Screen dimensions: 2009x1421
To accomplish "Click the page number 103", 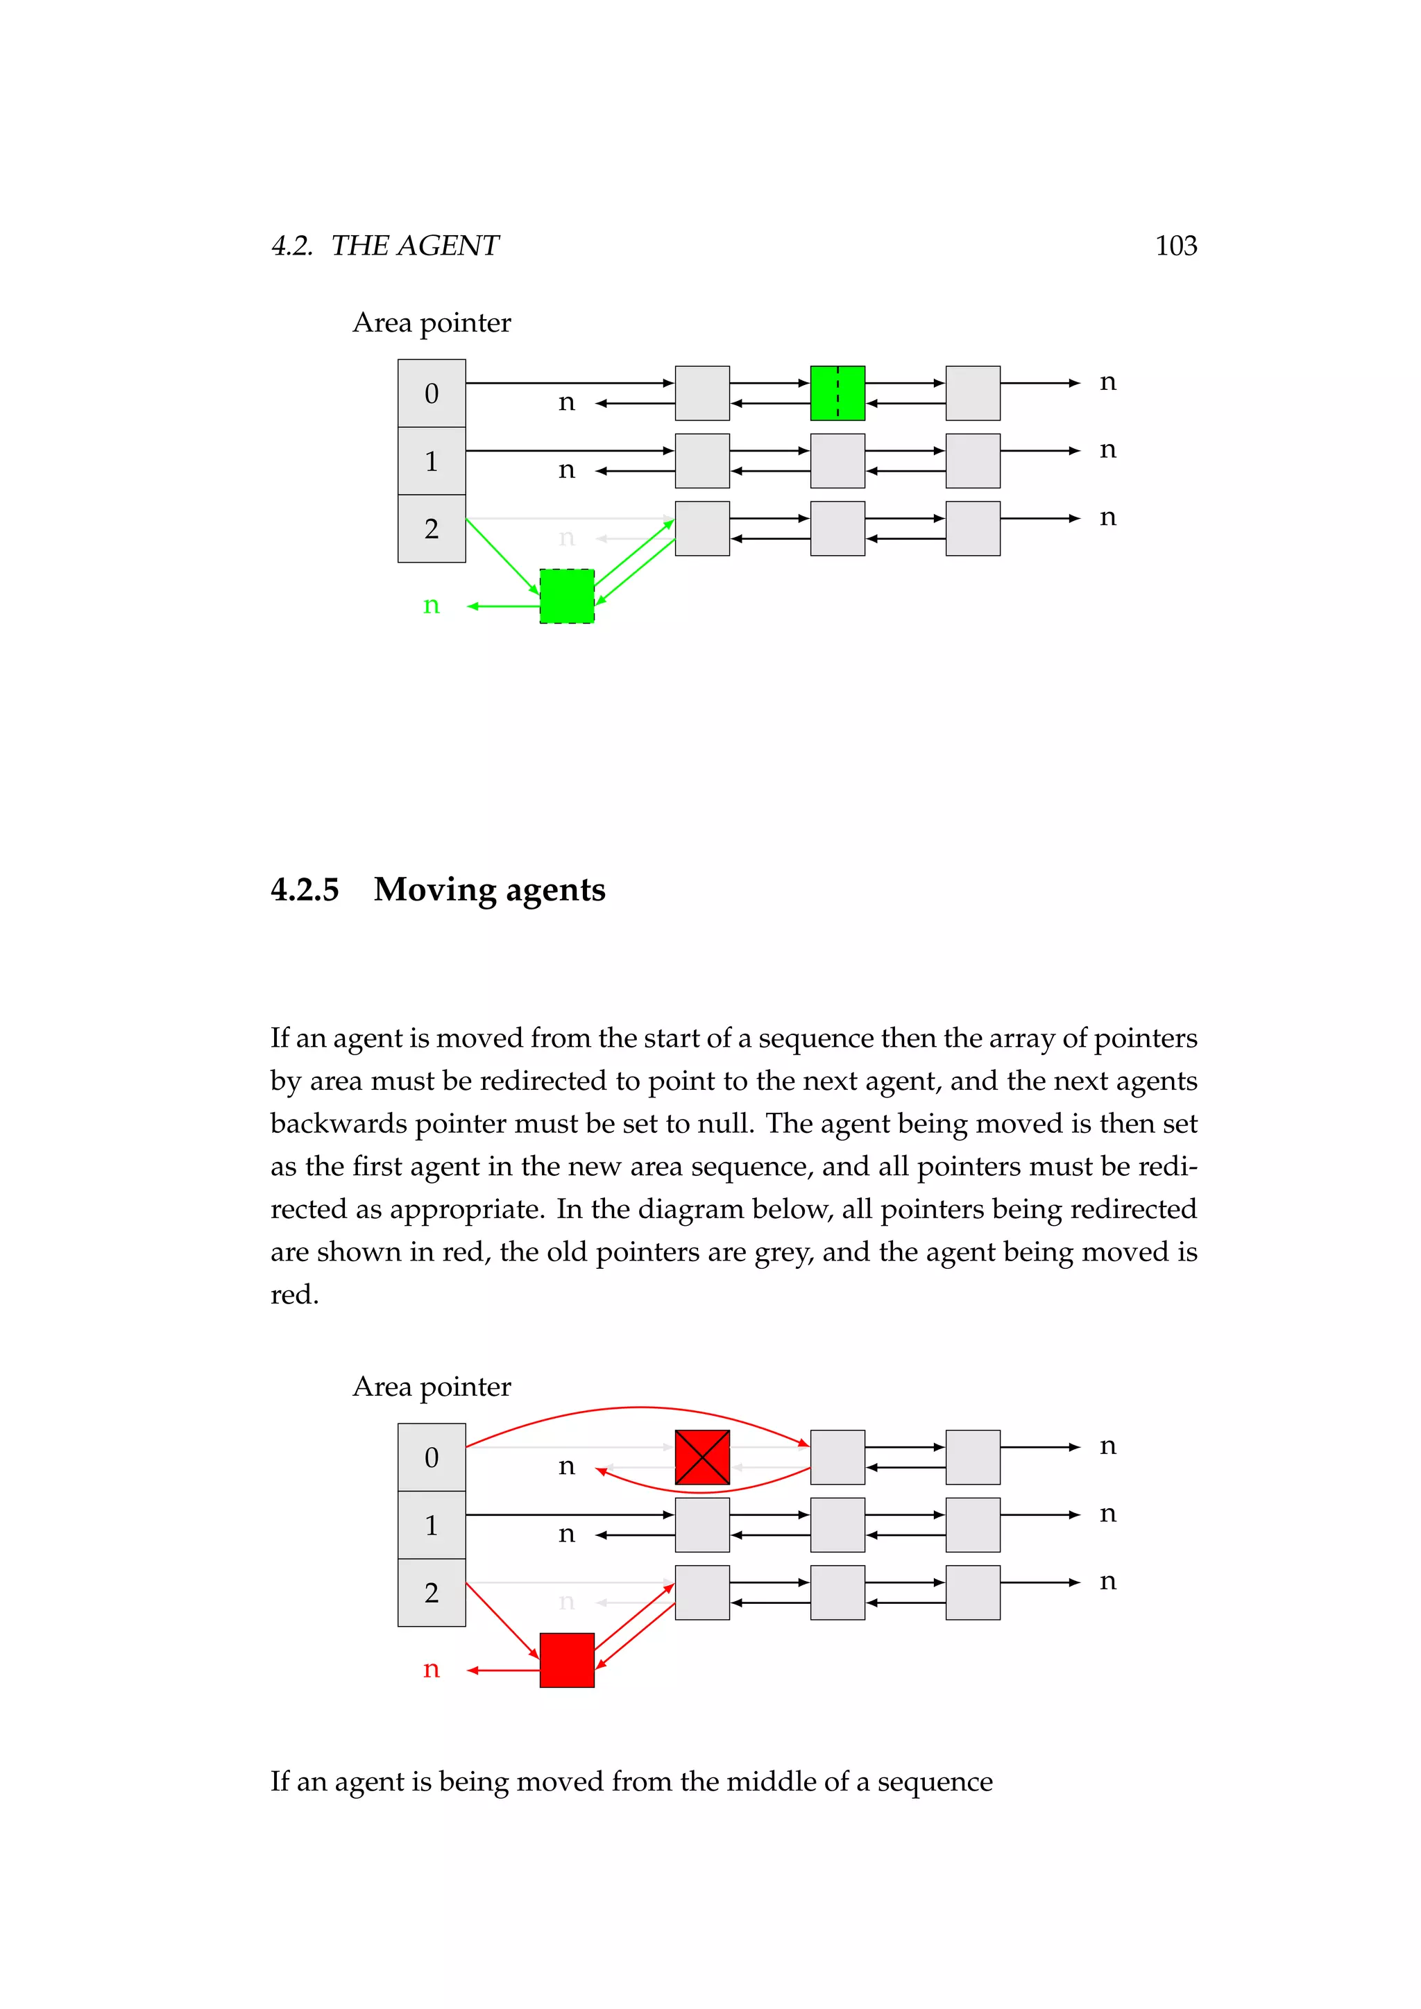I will coord(1175,246).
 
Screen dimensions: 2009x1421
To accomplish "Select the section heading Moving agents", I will coord(489,889).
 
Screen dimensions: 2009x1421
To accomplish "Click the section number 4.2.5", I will coord(305,889).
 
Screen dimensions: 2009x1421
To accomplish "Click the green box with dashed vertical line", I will coord(837,393).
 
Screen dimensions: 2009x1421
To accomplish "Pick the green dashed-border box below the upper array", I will coord(567,596).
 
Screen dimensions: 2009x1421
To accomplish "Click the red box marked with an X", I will coord(701,1457).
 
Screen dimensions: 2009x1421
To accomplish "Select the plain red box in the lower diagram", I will coord(567,1660).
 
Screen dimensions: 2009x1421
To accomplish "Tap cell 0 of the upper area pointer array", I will coord(432,393).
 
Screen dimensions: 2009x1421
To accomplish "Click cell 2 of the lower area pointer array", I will coord(432,1593).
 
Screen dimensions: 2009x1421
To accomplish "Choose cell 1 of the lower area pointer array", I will coord(432,1525).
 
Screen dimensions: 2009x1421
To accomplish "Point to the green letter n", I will coord(430,606).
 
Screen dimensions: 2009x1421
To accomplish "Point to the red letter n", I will coord(430,1670).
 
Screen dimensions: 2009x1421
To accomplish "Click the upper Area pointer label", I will coord(432,323).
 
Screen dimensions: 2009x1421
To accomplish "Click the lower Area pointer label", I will coord(432,1387).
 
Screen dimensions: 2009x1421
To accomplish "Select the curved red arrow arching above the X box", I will coord(639,1408).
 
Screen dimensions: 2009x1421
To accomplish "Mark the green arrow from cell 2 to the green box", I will coord(502,556).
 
